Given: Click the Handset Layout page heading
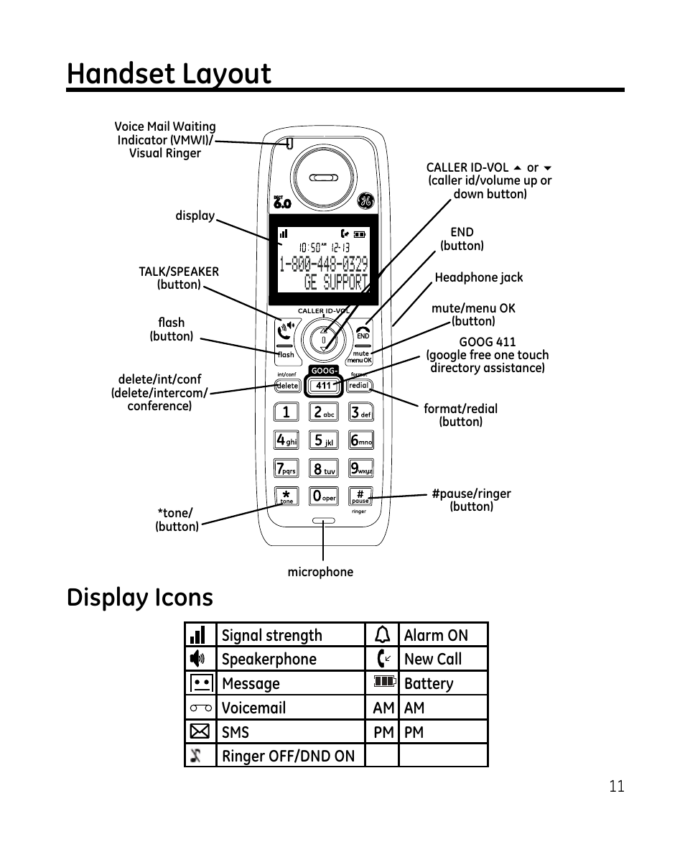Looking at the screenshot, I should coord(169,74).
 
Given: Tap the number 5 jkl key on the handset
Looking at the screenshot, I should coord(323,440).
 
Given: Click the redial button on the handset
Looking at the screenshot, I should coord(359,386).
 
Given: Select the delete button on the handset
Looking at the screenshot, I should coord(287,386).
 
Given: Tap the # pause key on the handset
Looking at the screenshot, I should coord(360,496).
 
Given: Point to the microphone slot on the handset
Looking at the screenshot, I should coord(323,521).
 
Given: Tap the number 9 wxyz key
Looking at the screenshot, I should coord(361,468).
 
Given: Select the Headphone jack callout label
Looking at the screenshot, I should coord(478,277).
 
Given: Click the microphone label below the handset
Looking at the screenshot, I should coord(320,572).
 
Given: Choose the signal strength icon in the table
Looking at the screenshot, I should coord(199,635).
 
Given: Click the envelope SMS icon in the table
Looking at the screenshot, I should coord(200,731).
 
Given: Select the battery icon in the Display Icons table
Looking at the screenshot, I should coord(383,682).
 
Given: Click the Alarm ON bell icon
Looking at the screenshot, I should coord(383,634).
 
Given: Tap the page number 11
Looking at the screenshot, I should coord(616,786).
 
